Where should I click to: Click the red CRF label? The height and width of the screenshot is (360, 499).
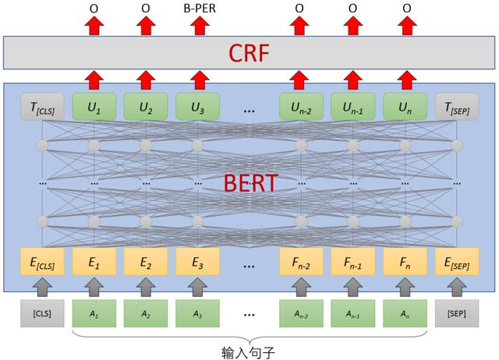[249, 53]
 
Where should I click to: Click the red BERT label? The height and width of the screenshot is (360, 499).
[250, 183]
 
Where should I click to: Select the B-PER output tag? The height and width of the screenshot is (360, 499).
[200, 9]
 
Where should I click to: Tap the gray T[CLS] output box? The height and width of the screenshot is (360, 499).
[42, 107]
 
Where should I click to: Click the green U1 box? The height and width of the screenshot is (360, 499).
[94, 107]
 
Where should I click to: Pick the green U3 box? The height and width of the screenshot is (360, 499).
[197, 107]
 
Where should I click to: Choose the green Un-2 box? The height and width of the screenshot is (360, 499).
[301, 107]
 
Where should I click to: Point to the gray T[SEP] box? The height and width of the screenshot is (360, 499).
[457, 107]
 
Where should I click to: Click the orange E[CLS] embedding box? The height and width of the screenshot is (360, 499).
[42, 261]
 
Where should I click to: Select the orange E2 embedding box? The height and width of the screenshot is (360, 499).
[146, 261]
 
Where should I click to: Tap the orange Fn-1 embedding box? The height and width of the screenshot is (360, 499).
[353, 261]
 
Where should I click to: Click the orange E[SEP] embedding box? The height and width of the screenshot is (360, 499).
[457, 261]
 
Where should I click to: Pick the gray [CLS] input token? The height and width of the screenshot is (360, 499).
[42, 313]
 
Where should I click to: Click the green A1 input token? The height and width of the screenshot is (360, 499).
[94, 313]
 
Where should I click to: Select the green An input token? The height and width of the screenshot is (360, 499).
[405, 313]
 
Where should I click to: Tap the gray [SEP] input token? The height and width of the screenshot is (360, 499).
[457, 313]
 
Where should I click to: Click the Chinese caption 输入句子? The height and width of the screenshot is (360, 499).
[248, 353]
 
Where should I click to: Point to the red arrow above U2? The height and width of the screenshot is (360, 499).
[146, 79]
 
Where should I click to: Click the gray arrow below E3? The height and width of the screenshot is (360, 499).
[197, 287]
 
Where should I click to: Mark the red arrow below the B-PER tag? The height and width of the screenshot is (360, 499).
[200, 26]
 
